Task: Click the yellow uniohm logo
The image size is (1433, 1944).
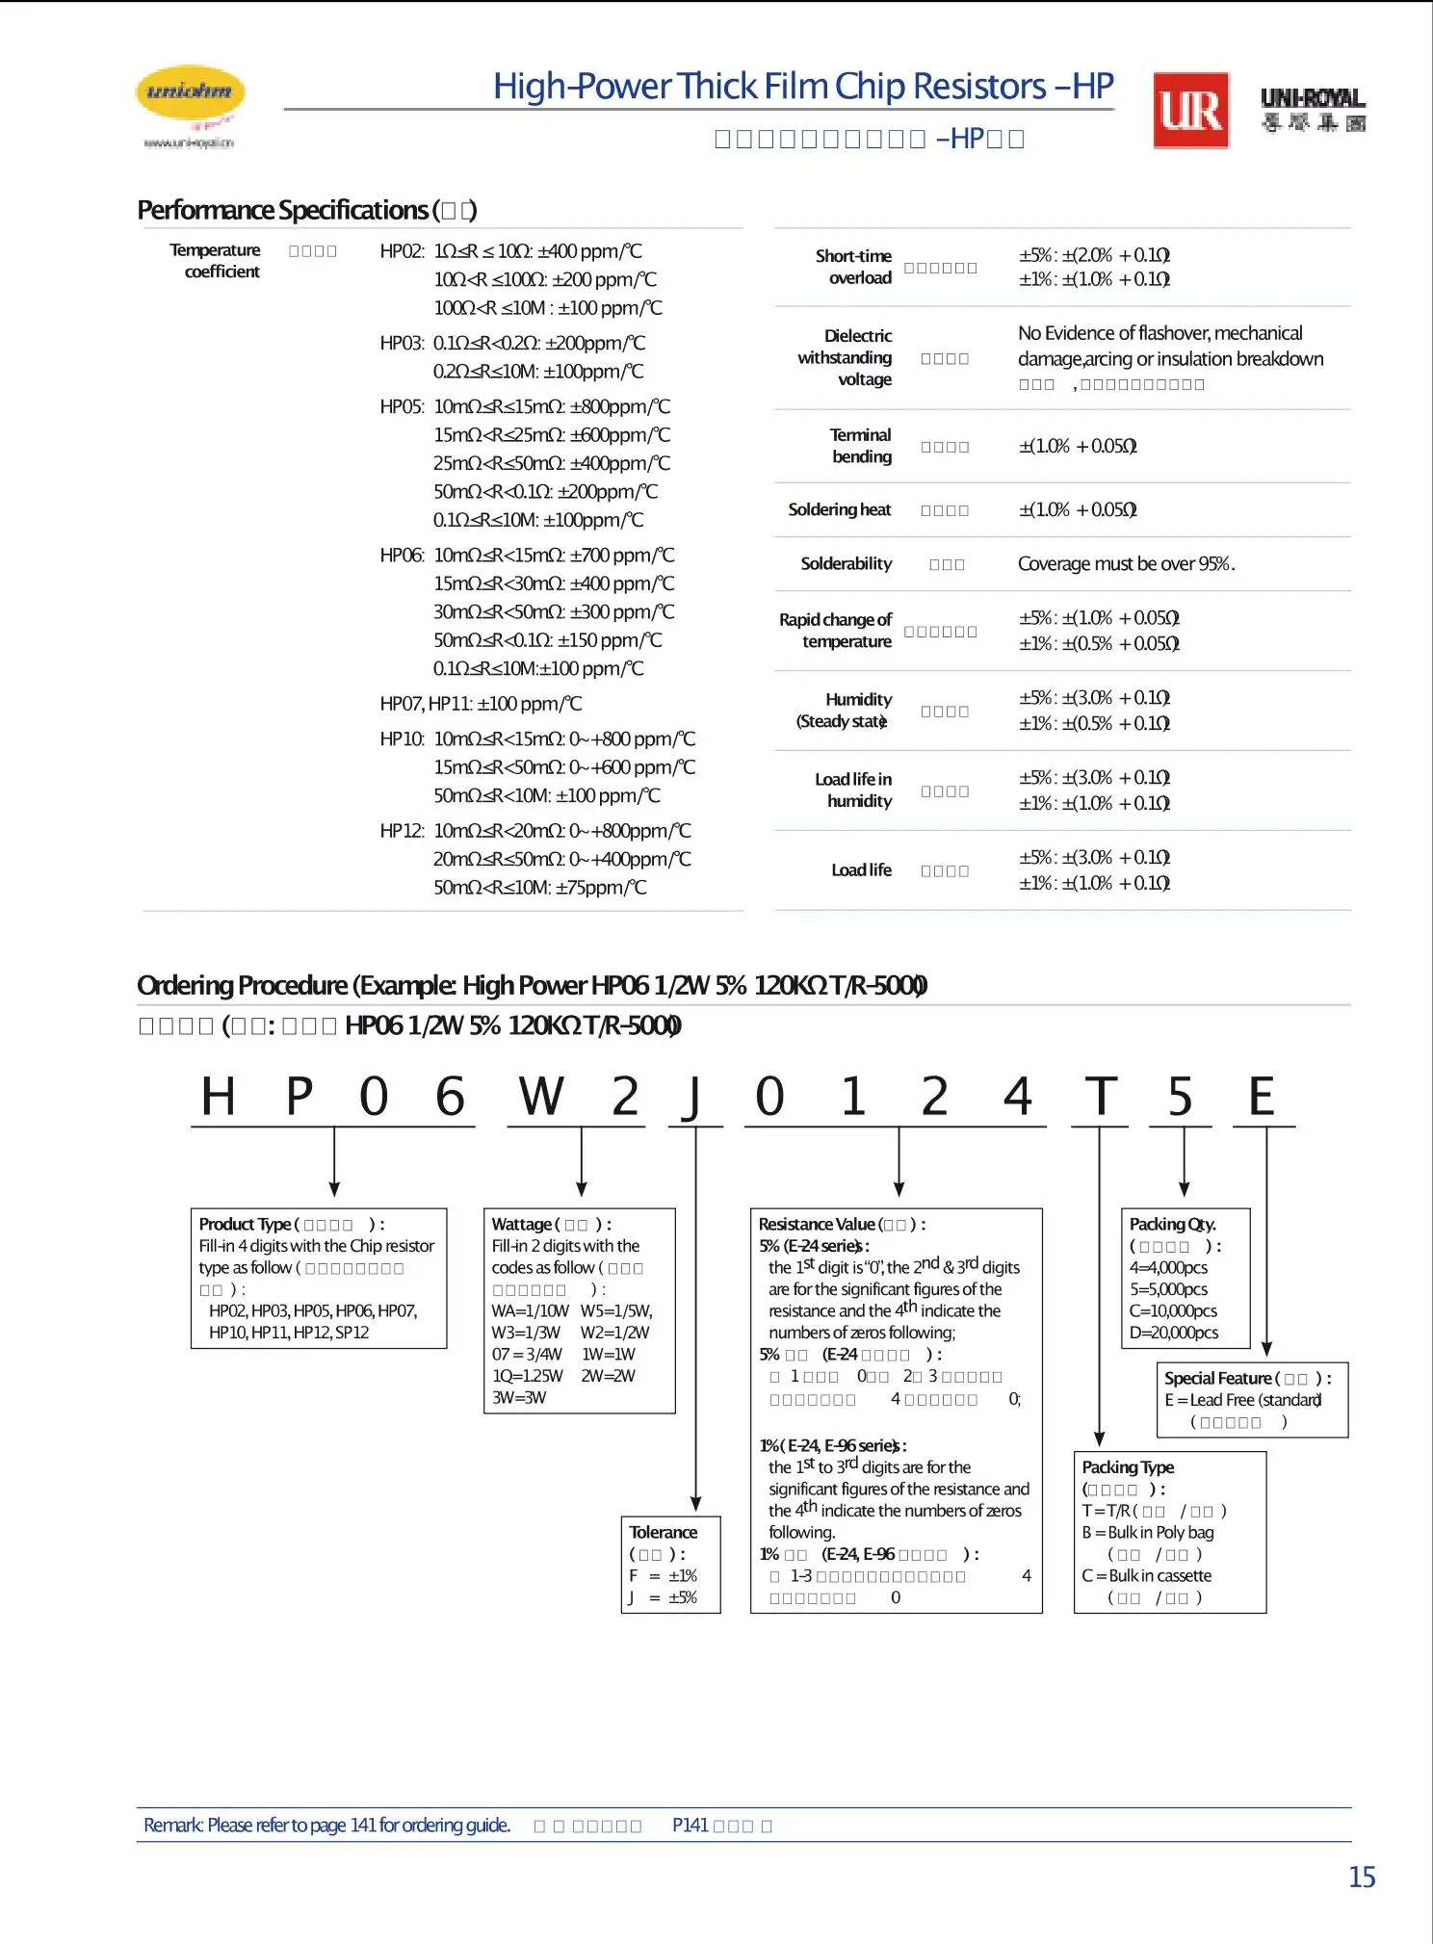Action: pyautogui.click(x=190, y=94)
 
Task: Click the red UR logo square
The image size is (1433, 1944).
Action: pyautogui.click(x=1191, y=111)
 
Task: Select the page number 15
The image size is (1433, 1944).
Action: pyautogui.click(x=1362, y=1877)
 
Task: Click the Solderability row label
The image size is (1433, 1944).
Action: pyautogui.click(x=846, y=563)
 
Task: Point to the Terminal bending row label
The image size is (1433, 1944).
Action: pyautogui.click(x=861, y=446)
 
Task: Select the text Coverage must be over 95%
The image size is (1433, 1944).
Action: pyautogui.click(x=1126, y=563)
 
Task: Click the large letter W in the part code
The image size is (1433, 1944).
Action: pyautogui.click(x=541, y=1097)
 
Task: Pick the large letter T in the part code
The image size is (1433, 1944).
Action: pyautogui.click(x=1101, y=1097)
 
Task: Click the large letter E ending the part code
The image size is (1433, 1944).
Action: pyautogui.click(x=1262, y=1097)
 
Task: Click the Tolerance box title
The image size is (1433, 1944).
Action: pyautogui.click(x=664, y=1532)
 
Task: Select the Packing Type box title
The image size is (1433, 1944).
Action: pyautogui.click(x=1128, y=1467)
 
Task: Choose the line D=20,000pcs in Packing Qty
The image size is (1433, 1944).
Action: pyautogui.click(x=1174, y=1333)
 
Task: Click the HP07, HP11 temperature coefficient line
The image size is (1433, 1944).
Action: pyautogui.click(x=481, y=704)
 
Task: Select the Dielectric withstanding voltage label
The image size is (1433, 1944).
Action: pyautogui.click(x=846, y=357)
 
